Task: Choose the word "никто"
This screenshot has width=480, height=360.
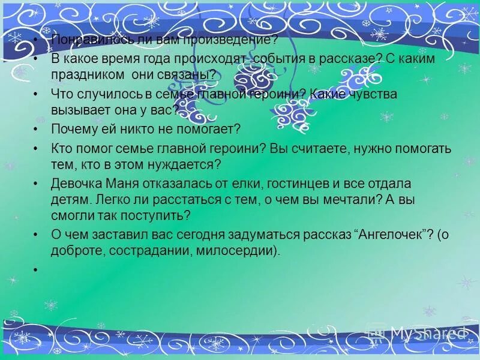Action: tap(145, 129)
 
